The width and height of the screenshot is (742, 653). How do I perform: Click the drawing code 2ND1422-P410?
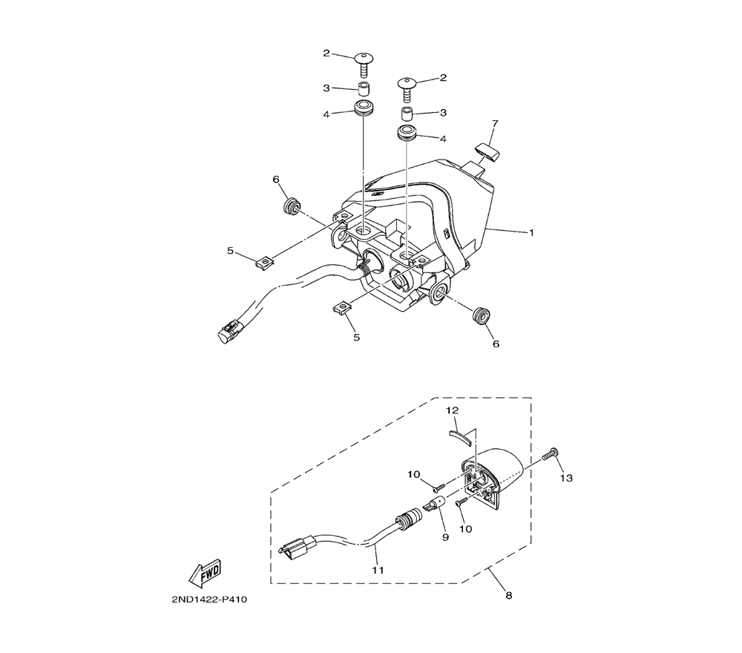(209, 600)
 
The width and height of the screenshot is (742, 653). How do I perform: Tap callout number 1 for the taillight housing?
(531, 232)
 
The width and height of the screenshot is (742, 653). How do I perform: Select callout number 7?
(495, 124)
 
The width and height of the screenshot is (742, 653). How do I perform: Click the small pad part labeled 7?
(487, 152)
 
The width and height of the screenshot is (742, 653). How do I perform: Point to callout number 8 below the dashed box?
(509, 595)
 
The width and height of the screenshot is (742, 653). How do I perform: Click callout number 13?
(566, 478)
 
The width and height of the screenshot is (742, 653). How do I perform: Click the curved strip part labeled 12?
(459, 436)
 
